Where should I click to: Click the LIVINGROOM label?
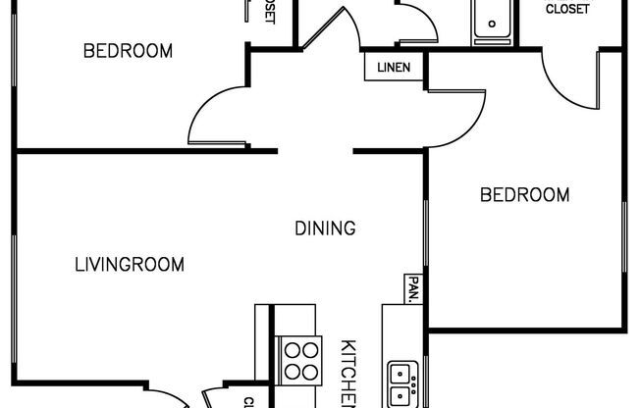(130, 264)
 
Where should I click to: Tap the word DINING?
(325, 229)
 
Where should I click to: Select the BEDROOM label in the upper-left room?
(128, 51)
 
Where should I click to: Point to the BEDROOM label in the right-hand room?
(524, 195)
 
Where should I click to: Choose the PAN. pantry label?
(413, 288)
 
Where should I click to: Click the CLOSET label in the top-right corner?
(567, 10)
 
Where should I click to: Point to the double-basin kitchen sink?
(400, 384)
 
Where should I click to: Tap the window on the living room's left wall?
(14, 265)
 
